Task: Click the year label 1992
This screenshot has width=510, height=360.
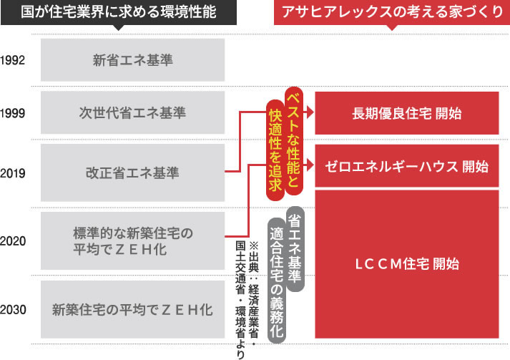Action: pos(14,59)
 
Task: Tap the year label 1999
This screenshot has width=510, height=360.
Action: pos(14,113)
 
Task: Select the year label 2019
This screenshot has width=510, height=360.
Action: pos(14,172)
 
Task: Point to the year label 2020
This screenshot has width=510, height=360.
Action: pos(14,241)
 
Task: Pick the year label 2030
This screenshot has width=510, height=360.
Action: pos(14,310)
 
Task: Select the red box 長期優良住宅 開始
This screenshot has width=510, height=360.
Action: pos(406,113)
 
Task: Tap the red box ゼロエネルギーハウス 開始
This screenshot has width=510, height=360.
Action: pos(406,167)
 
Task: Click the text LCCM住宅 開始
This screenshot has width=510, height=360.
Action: pos(406,263)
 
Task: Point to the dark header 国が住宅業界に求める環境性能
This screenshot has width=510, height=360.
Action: pos(117,13)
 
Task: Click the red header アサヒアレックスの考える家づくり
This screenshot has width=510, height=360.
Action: pos(391,13)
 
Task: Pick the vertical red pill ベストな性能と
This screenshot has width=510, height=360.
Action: pos(292,136)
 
